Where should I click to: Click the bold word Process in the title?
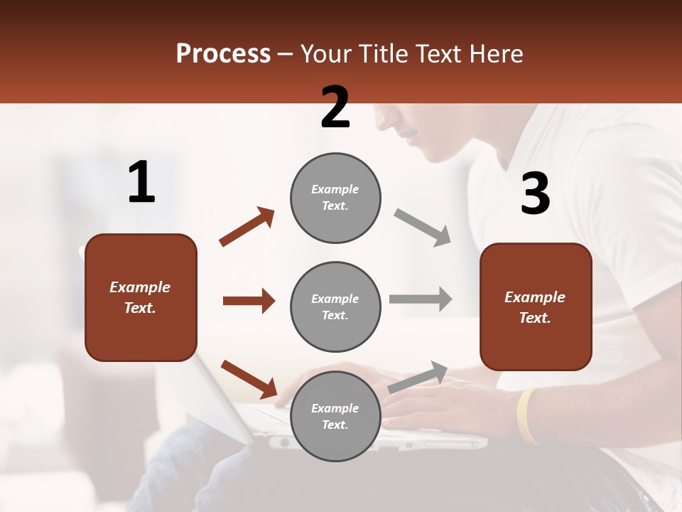coord(223,54)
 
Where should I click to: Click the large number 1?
coord(141,182)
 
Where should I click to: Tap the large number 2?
coord(335,107)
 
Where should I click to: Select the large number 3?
coord(535,193)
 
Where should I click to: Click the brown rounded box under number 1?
coord(141,297)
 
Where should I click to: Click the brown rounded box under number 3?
coord(536,306)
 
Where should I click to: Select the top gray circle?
coord(335,198)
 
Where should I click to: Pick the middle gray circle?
coord(335,306)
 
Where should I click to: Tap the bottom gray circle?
coord(335,416)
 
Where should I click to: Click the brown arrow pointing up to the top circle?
coord(247,227)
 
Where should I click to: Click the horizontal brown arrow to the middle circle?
coord(249,301)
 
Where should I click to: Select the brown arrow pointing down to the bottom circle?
coord(249,379)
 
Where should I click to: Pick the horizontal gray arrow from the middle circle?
coord(421,299)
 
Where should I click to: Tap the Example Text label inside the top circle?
coord(335,198)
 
